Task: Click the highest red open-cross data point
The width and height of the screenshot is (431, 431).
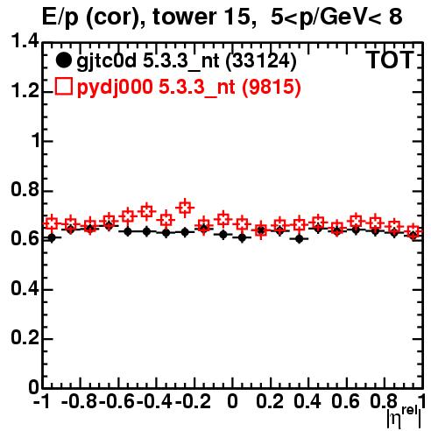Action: (x=185, y=208)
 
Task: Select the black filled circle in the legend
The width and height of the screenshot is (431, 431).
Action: (x=63, y=60)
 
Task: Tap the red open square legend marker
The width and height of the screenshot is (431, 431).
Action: (x=63, y=86)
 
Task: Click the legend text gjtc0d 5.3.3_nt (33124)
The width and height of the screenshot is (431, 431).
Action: (x=187, y=60)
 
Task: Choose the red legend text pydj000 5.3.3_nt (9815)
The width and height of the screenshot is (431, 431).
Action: (x=189, y=87)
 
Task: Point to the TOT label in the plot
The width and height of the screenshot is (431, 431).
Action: (x=390, y=60)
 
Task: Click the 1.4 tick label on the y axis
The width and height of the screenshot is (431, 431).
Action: (x=25, y=41)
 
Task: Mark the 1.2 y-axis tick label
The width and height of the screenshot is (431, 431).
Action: (x=25, y=91)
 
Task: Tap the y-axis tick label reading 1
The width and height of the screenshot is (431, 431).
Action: (x=35, y=140)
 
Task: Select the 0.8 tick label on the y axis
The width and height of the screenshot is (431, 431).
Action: (x=25, y=189)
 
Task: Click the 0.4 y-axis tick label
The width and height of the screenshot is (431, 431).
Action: (x=25, y=288)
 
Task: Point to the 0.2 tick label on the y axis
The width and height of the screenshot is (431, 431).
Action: (x=25, y=337)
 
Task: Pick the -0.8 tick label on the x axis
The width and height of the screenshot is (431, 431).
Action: (x=79, y=402)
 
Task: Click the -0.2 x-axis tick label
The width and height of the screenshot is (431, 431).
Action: (x=193, y=402)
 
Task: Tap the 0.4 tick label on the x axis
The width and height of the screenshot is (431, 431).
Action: (x=307, y=402)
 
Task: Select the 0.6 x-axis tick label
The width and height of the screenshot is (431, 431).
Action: (x=345, y=402)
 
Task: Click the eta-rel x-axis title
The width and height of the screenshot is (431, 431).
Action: (x=404, y=416)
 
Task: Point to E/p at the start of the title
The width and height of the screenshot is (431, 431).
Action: (x=60, y=18)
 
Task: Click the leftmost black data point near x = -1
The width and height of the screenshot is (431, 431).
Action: (x=52, y=238)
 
